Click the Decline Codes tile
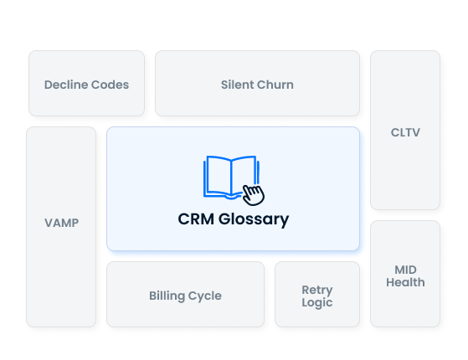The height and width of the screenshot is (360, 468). click(86, 84)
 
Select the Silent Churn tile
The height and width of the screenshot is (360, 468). click(257, 84)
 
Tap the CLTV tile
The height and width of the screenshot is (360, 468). click(405, 131)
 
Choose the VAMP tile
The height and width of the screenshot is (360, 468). click(61, 223)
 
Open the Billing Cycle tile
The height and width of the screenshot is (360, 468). click(185, 295)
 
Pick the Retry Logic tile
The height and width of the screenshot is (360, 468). click(317, 296)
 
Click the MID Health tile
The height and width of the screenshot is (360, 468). click(405, 275)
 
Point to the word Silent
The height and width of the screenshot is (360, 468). click(239, 85)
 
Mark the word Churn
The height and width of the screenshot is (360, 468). click(277, 85)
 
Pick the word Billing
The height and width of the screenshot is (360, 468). click(167, 296)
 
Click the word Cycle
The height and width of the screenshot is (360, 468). click(206, 296)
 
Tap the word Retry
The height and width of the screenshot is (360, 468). click(317, 290)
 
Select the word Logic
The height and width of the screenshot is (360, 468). click(317, 302)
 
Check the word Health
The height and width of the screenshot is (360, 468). click(405, 282)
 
